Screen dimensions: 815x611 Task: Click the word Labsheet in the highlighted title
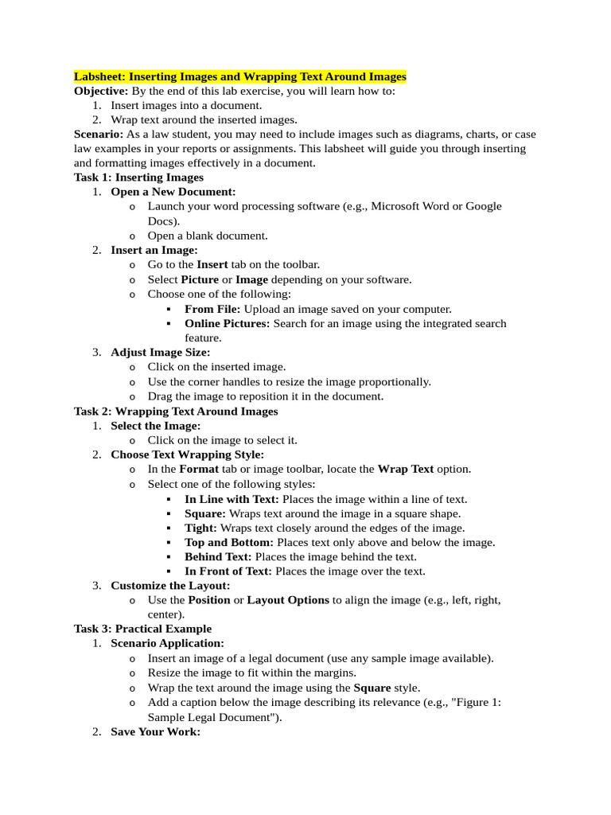pyautogui.click(x=99, y=76)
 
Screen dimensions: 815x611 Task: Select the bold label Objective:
pyautogui.click(x=101, y=91)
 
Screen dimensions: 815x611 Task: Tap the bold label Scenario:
pyautogui.click(x=99, y=134)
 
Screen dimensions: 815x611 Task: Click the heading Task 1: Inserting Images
pyautogui.click(x=138, y=177)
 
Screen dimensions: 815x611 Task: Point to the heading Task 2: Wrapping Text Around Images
pyautogui.click(x=176, y=411)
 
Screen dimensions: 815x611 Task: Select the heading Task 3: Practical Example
pyautogui.click(x=142, y=629)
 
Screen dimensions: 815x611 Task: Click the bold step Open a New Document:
pyautogui.click(x=173, y=192)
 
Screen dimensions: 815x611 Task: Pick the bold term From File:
pyautogui.click(x=212, y=309)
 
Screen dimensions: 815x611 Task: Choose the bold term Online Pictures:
pyautogui.click(x=228, y=323)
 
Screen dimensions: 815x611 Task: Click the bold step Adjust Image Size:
pyautogui.click(x=161, y=353)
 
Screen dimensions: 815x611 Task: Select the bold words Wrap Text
pyautogui.click(x=405, y=469)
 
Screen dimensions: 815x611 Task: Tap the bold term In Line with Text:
pyautogui.click(x=232, y=499)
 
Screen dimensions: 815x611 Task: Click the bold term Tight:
pyautogui.click(x=200, y=528)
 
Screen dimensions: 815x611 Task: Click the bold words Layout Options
pyautogui.click(x=288, y=600)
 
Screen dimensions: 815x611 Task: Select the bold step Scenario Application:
pyautogui.click(x=167, y=643)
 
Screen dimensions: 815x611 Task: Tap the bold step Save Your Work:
pyautogui.click(x=155, y=731)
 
